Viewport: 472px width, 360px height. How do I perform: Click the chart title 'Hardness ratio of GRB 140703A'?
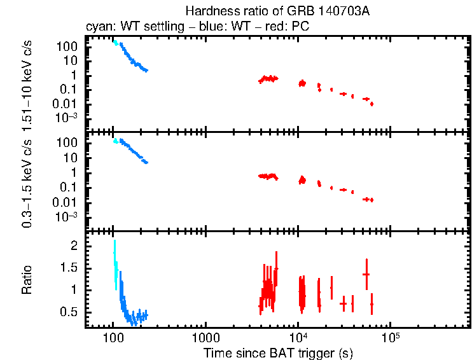click(x=277, y=11)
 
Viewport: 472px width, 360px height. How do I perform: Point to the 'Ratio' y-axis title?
click(x=28, y=279)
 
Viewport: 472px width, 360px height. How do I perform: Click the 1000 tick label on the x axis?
click(x=205, y=337)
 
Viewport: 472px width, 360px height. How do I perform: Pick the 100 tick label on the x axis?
click(x=113, y=337)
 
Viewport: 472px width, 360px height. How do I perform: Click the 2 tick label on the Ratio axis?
click(x=74, y=246)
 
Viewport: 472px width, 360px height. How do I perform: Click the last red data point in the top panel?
click(x=371, y=104)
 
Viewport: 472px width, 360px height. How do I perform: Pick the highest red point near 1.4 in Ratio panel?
click(x=366, y=274)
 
